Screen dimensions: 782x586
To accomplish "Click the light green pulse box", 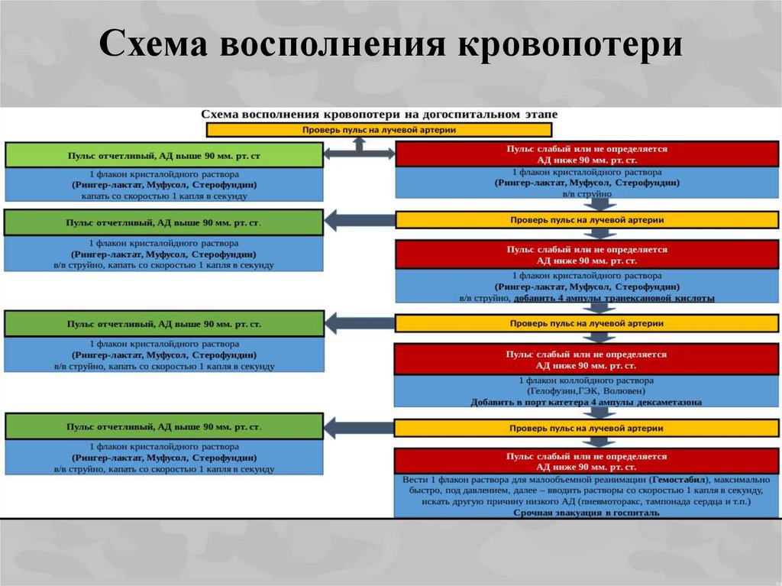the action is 163,155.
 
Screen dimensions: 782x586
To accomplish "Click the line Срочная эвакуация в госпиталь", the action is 586,513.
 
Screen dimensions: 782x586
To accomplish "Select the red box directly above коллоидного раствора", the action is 586,359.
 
